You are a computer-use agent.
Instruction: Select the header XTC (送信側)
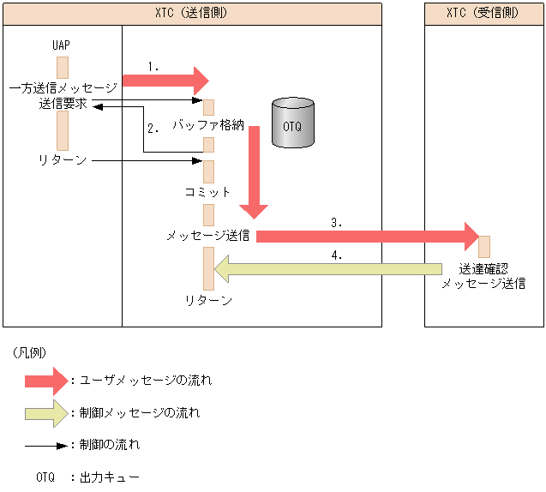pos(191,14)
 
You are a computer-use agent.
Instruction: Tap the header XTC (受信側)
pos(484,14)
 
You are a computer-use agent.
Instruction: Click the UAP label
pos(62,45)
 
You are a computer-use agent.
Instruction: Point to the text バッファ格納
pos(208,125)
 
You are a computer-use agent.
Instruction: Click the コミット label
pos(207,192)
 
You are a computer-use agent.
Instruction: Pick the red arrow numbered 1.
pos(165,81)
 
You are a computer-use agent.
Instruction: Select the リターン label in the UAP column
pos(63,160)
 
